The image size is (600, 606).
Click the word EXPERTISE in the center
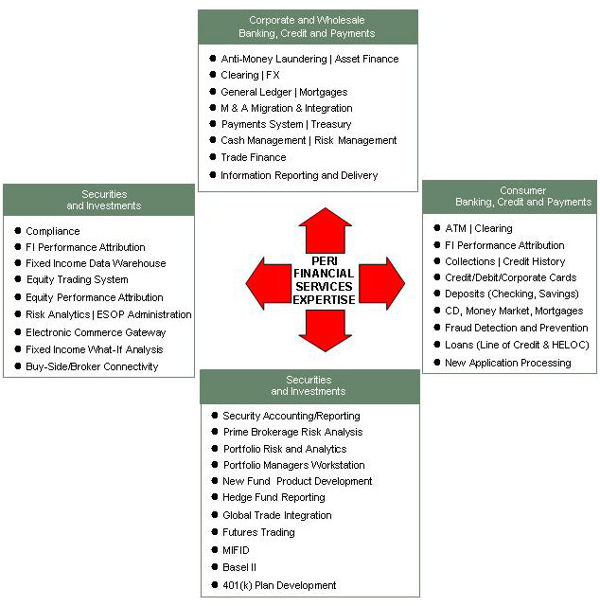tap(324, 299)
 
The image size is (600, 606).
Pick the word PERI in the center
tap(325, 261)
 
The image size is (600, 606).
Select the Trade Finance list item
tap(254, 157)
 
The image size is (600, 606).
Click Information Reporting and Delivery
tap(299, 175)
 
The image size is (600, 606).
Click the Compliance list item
tap(53, 231)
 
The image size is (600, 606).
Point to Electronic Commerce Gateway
tap(96, 332)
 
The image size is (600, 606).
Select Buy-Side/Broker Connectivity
tap(92, 366)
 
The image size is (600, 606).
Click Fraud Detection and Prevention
tap(516, 328)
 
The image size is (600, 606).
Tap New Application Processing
tap(508, 363)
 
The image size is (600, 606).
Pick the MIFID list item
tap(237, 550)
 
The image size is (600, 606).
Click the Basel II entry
tap(239, 567)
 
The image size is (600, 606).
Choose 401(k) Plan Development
tap(279, 585)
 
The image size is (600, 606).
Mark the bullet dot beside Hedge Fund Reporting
tap(213, 498)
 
